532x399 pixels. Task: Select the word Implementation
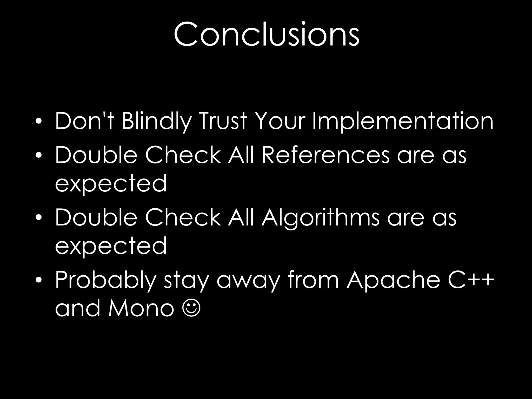coord(402,121)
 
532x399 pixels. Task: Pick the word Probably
coord(105,281)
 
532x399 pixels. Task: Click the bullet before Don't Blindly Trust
coord(39,121)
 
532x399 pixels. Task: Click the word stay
coord(186,281)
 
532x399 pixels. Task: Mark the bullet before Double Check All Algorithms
coord(39,218)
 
